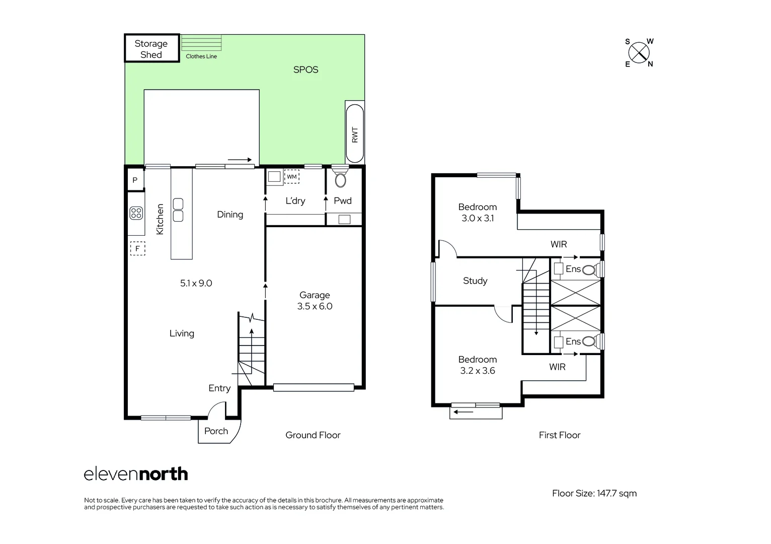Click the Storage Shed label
[151, 49]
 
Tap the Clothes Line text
[201, 56]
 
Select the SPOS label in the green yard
[305, 70]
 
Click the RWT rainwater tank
[354, 133]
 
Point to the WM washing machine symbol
[292, 177]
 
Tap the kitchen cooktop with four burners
[136, 213]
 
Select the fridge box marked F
[137, 248]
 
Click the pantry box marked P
[135, 180]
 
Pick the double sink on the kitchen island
[178, 210]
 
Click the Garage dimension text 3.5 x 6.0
[315, 306]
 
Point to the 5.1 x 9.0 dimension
[196, 283]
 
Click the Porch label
[216, 431]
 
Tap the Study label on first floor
[475, 281]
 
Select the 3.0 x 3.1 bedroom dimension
[478, 218]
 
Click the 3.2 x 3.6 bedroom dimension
[478, 371]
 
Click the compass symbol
[639, 52]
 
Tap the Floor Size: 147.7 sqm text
[594, 493]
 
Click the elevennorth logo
[136, 474]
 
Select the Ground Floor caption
[313, 435]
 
